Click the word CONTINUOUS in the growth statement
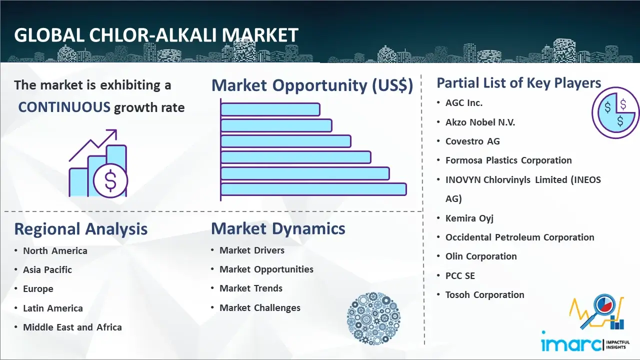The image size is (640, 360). coord(64,107)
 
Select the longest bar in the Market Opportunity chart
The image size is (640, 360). coord(313,189)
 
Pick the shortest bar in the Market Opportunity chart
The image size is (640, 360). coord(270,109)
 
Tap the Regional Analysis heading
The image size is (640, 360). coord(81,229)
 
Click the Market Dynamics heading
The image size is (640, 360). coord(278,228)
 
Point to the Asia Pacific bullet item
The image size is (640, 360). coord(47,269)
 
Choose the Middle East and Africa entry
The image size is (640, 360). coord(72,327)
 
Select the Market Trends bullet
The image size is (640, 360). coord(251,288)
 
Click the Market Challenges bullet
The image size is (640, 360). coord(260,307)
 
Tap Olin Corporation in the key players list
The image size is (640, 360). coord(481,256)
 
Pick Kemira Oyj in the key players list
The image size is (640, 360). coord(469,218)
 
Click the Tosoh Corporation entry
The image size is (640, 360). coord(485,294)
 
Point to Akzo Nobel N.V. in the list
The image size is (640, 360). coord(480,122)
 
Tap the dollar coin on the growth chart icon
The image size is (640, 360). coord(110,181)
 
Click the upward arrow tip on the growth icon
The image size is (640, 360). coord(116,130)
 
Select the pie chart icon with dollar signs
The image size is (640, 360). coord(615,113)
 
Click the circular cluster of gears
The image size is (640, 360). coord(373,318)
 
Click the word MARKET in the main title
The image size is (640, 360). coord(260,35)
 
